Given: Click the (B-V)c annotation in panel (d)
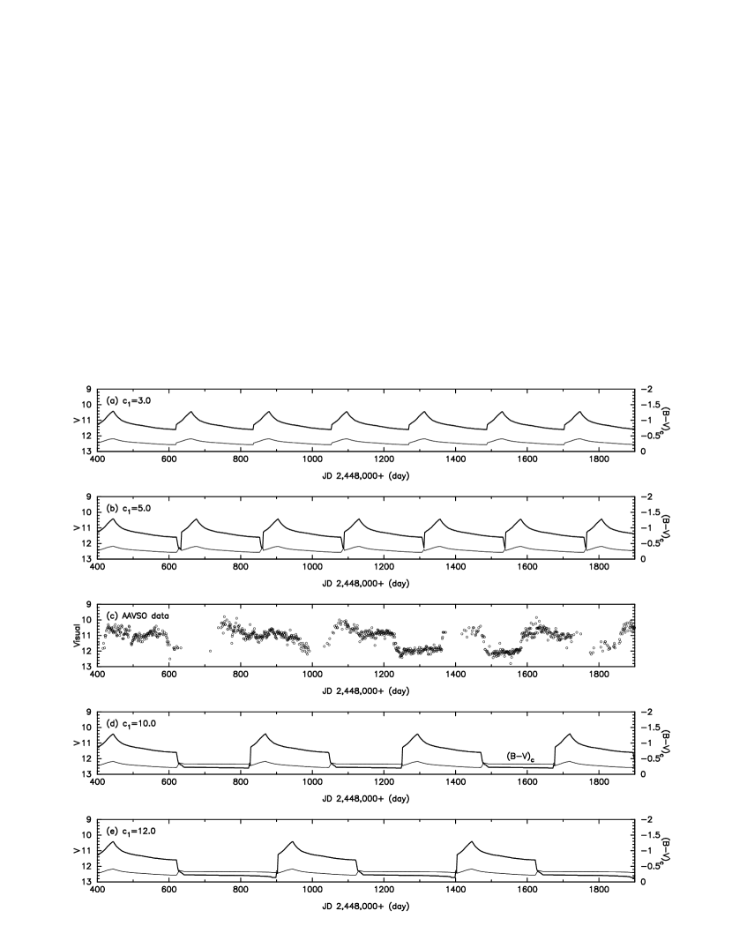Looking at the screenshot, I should (x=520, y=757).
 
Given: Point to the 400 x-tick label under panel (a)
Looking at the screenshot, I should (x=97, y=459).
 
